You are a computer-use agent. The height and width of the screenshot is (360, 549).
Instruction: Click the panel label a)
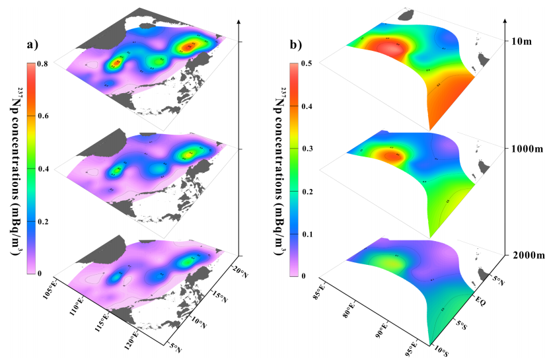click(x=33, y=46)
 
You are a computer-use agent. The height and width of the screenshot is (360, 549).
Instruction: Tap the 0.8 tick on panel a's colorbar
click(x=42, y=64)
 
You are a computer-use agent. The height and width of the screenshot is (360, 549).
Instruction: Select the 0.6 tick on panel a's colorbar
click(x=42, y=116)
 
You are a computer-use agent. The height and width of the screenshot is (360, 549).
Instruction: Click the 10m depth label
click(x=522, y=42)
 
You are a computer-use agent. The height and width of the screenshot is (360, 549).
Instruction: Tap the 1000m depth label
click(x=526, y=149)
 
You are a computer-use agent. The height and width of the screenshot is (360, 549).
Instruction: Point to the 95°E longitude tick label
click(x=410, y=347)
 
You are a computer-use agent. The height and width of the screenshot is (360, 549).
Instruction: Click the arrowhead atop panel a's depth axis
click(x=237, y=22)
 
